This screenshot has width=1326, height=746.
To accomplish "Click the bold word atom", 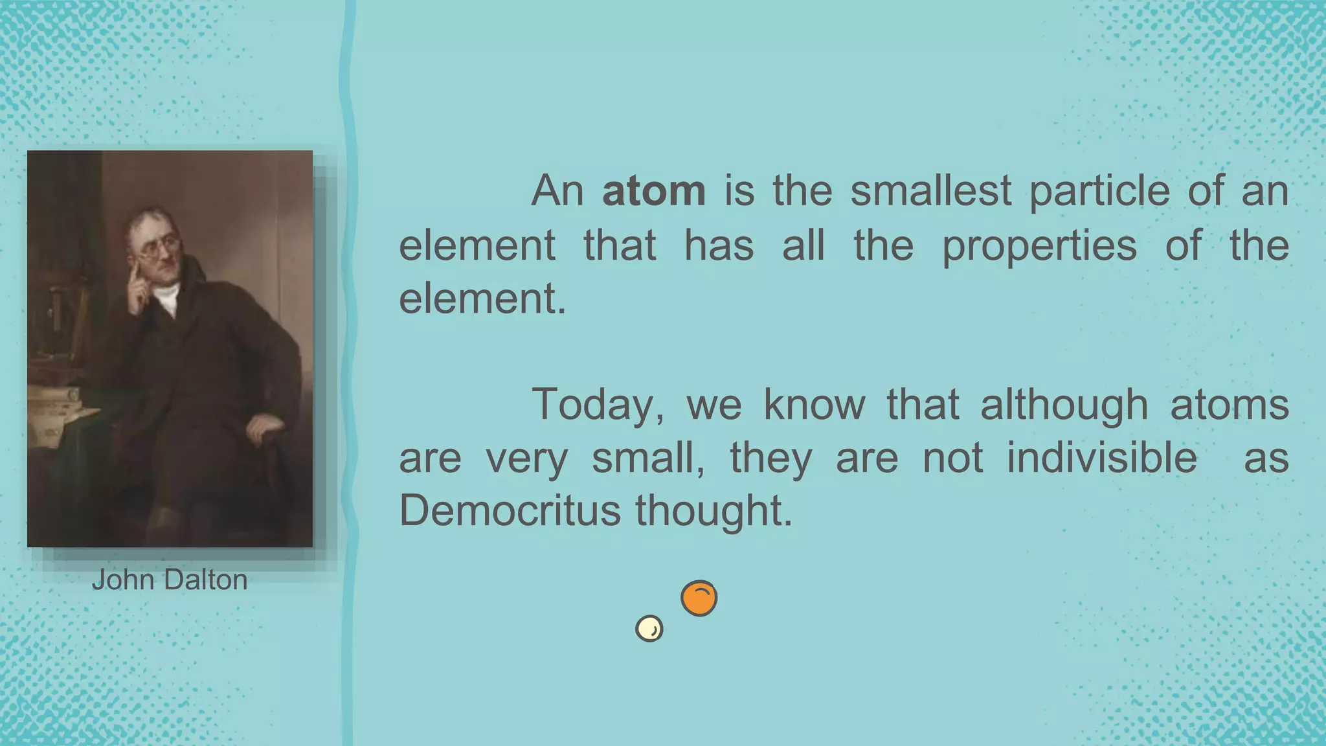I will coord(653,192).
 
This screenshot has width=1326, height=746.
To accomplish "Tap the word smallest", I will coord(930,192).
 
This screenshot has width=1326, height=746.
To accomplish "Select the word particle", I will coord(1099,192).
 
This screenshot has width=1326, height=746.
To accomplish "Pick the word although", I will coord(1064,405).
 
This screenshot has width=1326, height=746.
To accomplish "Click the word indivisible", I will coord(1102,458).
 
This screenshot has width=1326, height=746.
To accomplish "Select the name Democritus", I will coord(510,512).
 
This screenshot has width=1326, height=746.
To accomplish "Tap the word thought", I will coord(713,512).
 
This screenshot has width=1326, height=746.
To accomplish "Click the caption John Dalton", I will coord(170,580).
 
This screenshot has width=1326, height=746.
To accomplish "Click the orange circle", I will coord(699,598).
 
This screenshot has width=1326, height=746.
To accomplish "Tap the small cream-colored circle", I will coord(649,628).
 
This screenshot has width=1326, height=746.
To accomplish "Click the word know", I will coord(814,405).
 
